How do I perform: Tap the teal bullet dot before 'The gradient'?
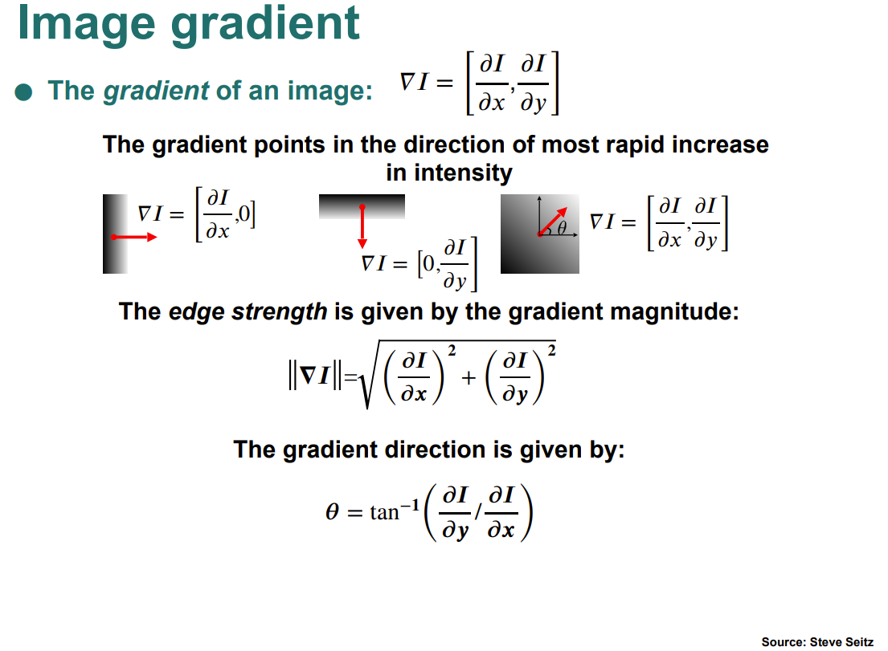(x=24, y=92)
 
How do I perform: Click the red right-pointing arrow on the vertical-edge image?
(x=133, y=237)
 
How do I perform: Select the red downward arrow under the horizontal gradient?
(x=362, y=227)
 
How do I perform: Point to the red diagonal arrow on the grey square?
(x=552, y=222)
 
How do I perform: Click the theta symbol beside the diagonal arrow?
(x=562, y=228)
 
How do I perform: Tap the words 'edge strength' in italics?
(x=248, y=311)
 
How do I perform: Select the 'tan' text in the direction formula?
(x=385, y=512)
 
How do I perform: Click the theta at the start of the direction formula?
(x=333, y=512)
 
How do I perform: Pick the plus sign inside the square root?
(x=469, y=377)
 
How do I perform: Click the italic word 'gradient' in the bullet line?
(x=157, y=91)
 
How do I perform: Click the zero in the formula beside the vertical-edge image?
(x=244, y=214)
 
